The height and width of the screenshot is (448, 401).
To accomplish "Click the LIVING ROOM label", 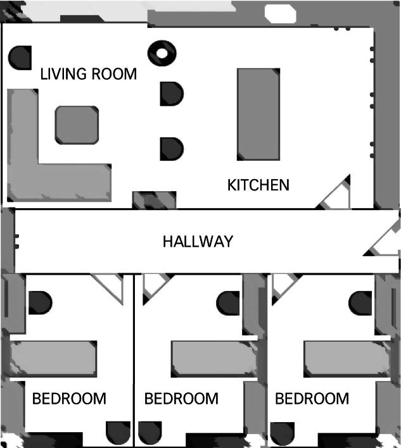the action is point(89,74).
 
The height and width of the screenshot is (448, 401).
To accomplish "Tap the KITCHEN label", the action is point(258,185).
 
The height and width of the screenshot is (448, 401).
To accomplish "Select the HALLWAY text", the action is point(198,242).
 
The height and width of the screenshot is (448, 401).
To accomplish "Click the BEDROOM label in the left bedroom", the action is point(69,399).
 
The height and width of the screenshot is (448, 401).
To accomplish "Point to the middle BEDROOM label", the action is point(181,399).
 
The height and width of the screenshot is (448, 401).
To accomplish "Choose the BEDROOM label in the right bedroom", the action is point(312,399).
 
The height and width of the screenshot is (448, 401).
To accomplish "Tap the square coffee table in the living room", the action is point(77,125).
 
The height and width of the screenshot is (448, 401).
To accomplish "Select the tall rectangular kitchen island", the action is point(258,115).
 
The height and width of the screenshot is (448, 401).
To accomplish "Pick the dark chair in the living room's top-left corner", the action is point(20,58).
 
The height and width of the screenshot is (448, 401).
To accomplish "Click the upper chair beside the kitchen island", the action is point(171,94).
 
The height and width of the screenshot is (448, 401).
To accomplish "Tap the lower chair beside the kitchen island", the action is point(171,149).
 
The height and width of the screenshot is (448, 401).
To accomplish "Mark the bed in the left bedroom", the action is point(53,359).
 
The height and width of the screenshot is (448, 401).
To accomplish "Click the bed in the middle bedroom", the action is point(214,359).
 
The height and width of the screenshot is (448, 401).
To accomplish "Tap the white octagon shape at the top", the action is point(280,13).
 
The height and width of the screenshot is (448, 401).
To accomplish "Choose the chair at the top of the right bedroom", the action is point(360,303).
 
